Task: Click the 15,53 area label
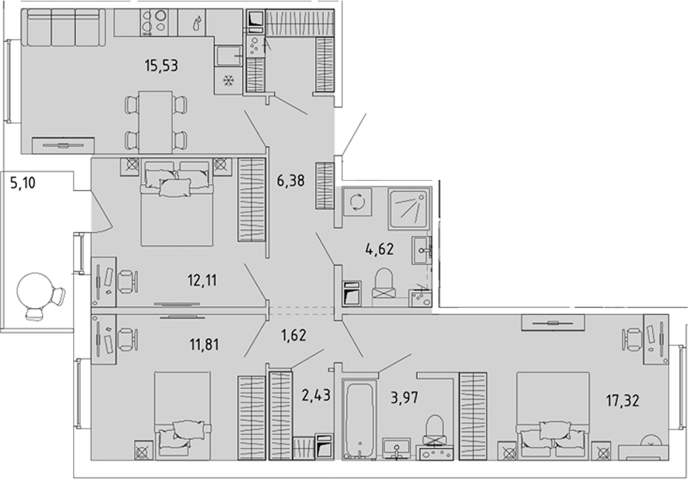point(162,66)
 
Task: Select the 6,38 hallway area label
point(291,180)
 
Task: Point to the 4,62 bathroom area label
point(379,249)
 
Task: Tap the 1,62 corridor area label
point(294,336)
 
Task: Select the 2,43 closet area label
point(316,395)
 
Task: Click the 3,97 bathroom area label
point(404,398)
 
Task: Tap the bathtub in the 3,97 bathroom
point(360,420)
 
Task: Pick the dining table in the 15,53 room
point(155,123)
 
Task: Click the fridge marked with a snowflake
point(228,81)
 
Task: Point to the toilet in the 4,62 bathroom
point(384,283)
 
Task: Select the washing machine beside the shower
point(357,203)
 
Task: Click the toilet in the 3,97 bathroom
point(433,430)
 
